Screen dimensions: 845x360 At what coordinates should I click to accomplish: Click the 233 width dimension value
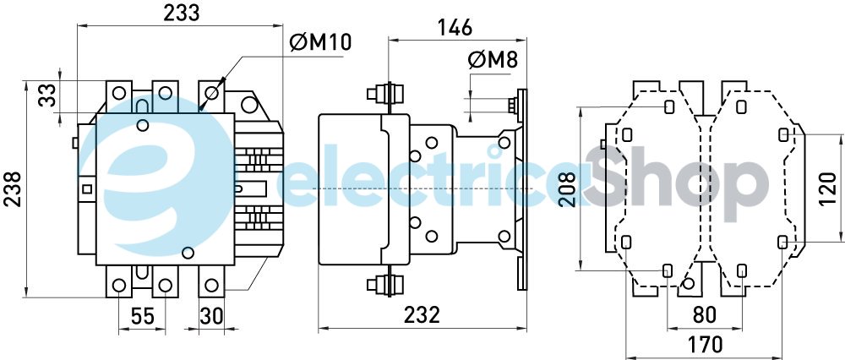pyautogui.click(x=182, y=13)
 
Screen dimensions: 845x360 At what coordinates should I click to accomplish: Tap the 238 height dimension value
pyautogui.click(x=13, y=189)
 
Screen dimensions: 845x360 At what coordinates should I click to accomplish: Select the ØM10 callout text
pyautogui.click(x=320, y=42)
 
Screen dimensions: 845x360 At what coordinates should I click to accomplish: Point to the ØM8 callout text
pyautogui.click(x=493, y=61)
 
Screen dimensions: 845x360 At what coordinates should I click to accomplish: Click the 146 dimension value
pyautogui.click(x=455, y=27)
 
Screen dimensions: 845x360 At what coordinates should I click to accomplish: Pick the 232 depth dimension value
pyautogui.click(x=422, y=315)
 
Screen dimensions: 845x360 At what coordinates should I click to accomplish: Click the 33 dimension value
pyautogui.click(x=47, y=95)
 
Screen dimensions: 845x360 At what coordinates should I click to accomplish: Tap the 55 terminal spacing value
pyautogui.click(x=142, y=316)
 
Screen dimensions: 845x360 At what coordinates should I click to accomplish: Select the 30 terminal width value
pyautogui.click(x=211, y=316)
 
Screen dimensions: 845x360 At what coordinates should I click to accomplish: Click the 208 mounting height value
pyautogui.click(x=567, y=189)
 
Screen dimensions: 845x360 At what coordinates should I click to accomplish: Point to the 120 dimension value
pyautogui.click(x=828, y=189)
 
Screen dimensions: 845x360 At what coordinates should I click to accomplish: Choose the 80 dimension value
pyautogui.click(x=705, y=315)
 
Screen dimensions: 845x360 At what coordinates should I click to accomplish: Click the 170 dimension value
pyautogui.click(x=705, y=344)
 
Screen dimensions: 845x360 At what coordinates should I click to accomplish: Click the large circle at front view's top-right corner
pyautogui.click(x=249, y=105)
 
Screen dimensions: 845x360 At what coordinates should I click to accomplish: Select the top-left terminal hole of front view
pyautogui.click(x=119, y=93)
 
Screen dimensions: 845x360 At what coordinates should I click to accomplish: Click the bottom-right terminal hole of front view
pyautogui.click(x=212, y=285)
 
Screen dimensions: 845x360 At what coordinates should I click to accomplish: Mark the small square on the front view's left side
pyautogui.click(x=86, y=189)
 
